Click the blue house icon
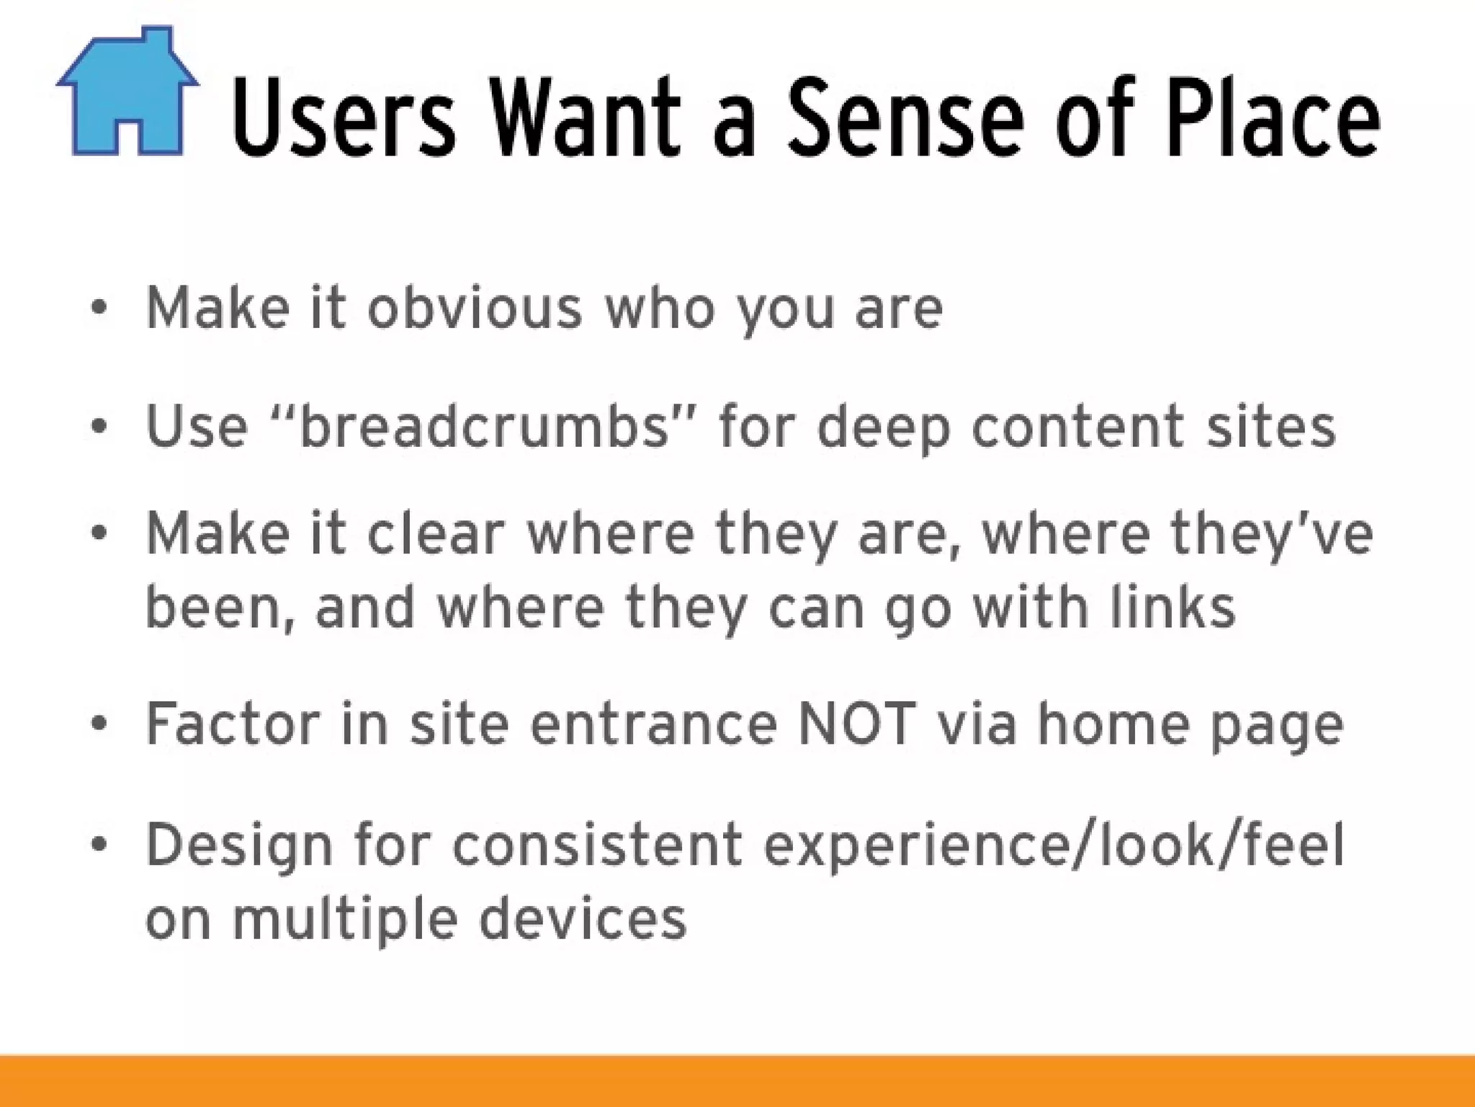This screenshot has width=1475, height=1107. (x=127, y=94)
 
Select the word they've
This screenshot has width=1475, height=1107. (x=1271, y=535)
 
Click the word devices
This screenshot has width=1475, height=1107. (x=583, y=919)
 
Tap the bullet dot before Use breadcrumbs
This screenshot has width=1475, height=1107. (x=99, y=426)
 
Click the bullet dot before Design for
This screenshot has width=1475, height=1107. (x=99, y=844)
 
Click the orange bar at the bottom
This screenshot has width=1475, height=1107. (x=737, y=1081)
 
